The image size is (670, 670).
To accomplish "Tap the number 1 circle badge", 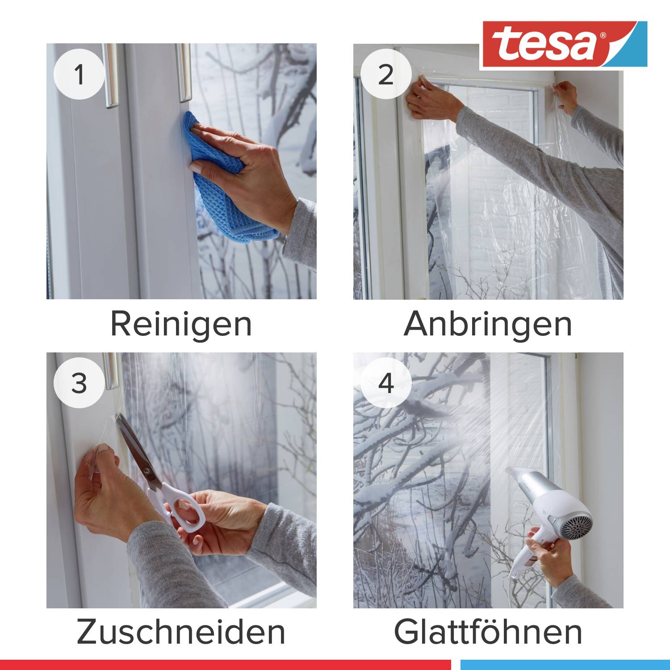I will (x=79, y=74).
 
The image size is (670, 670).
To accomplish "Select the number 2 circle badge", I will (x=386, y=74).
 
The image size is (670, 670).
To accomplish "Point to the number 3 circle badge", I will (x=79, y=383).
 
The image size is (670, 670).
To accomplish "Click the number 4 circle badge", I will (x=386, y=383).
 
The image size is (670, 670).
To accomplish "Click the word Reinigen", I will (x=181, y=324).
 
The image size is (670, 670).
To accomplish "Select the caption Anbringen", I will (x=488, y=324).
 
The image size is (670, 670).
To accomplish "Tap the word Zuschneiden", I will (x=181, y=632).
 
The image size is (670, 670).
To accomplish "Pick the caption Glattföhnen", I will (x=488, y=632).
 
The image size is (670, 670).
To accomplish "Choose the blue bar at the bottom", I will (x=565, y=665).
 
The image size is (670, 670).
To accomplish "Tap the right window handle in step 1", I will (x=184, y=74).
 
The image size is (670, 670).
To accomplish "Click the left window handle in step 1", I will (x=111, y=76).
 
